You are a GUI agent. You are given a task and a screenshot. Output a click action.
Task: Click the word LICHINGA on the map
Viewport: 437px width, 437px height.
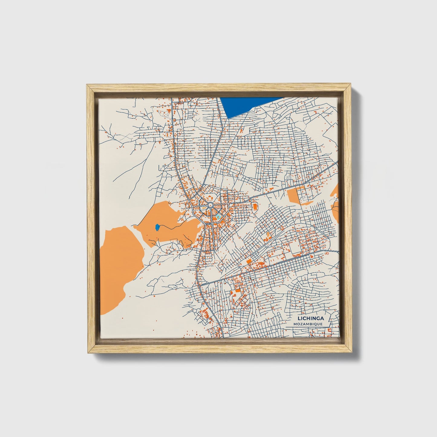coord(311,318)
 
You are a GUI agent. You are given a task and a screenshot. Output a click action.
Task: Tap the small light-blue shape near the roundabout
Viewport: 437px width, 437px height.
coord(218,217)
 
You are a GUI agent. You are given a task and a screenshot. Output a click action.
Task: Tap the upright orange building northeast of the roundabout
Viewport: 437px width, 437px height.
coord(255,207)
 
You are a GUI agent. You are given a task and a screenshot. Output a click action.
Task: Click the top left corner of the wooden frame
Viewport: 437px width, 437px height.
coord(88,86)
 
